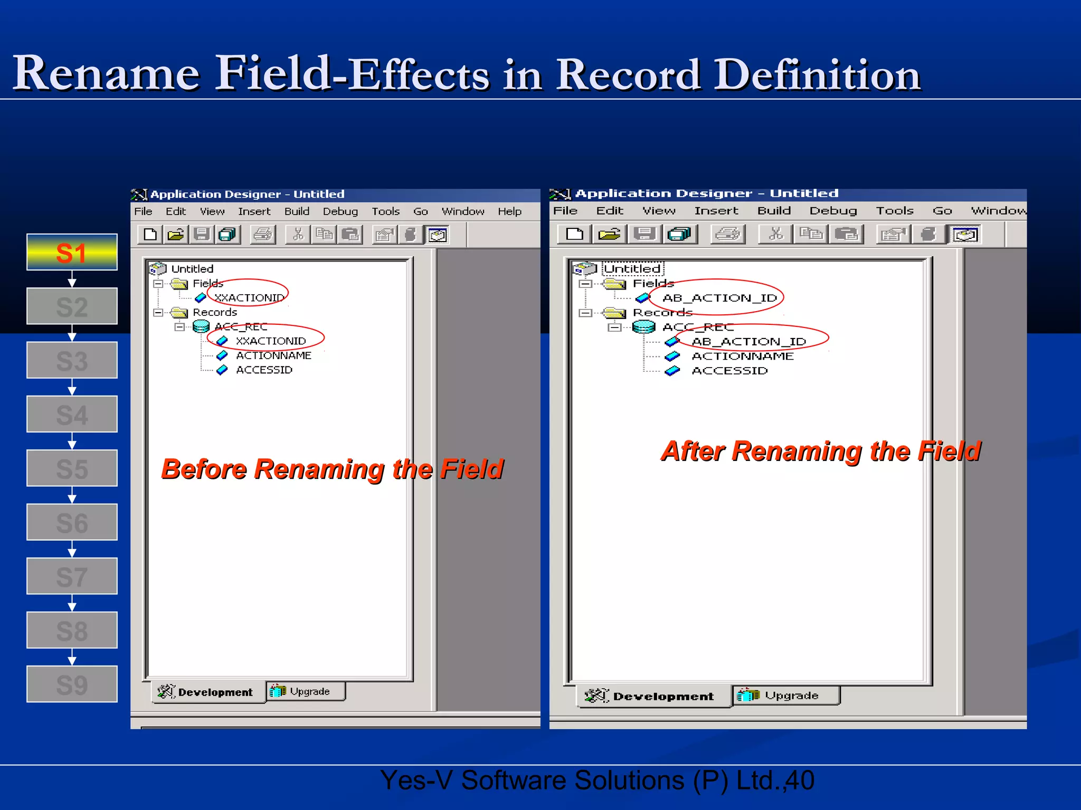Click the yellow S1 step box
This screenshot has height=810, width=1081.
[72, 253]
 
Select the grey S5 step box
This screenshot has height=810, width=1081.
[72, 468]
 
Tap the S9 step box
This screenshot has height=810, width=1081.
[72, 684]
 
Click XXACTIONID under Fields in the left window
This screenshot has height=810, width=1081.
[249, 298]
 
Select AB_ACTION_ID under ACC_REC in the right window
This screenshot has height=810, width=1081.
[748, 342]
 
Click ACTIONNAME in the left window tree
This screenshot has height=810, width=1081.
[273, 355]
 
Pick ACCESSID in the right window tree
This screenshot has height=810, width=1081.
[729, 371]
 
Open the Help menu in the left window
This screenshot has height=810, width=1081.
[509, 211]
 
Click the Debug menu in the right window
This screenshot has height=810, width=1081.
[833, 211]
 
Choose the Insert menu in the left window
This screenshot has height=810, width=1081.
[254, 211]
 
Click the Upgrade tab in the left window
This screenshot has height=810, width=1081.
[306, 691]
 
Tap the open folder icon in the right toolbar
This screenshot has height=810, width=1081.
[609, 234]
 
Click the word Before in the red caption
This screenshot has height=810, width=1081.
[203, 469]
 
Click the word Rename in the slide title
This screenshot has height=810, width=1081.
[106, 73]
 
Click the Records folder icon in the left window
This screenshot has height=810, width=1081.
[179, 313]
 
